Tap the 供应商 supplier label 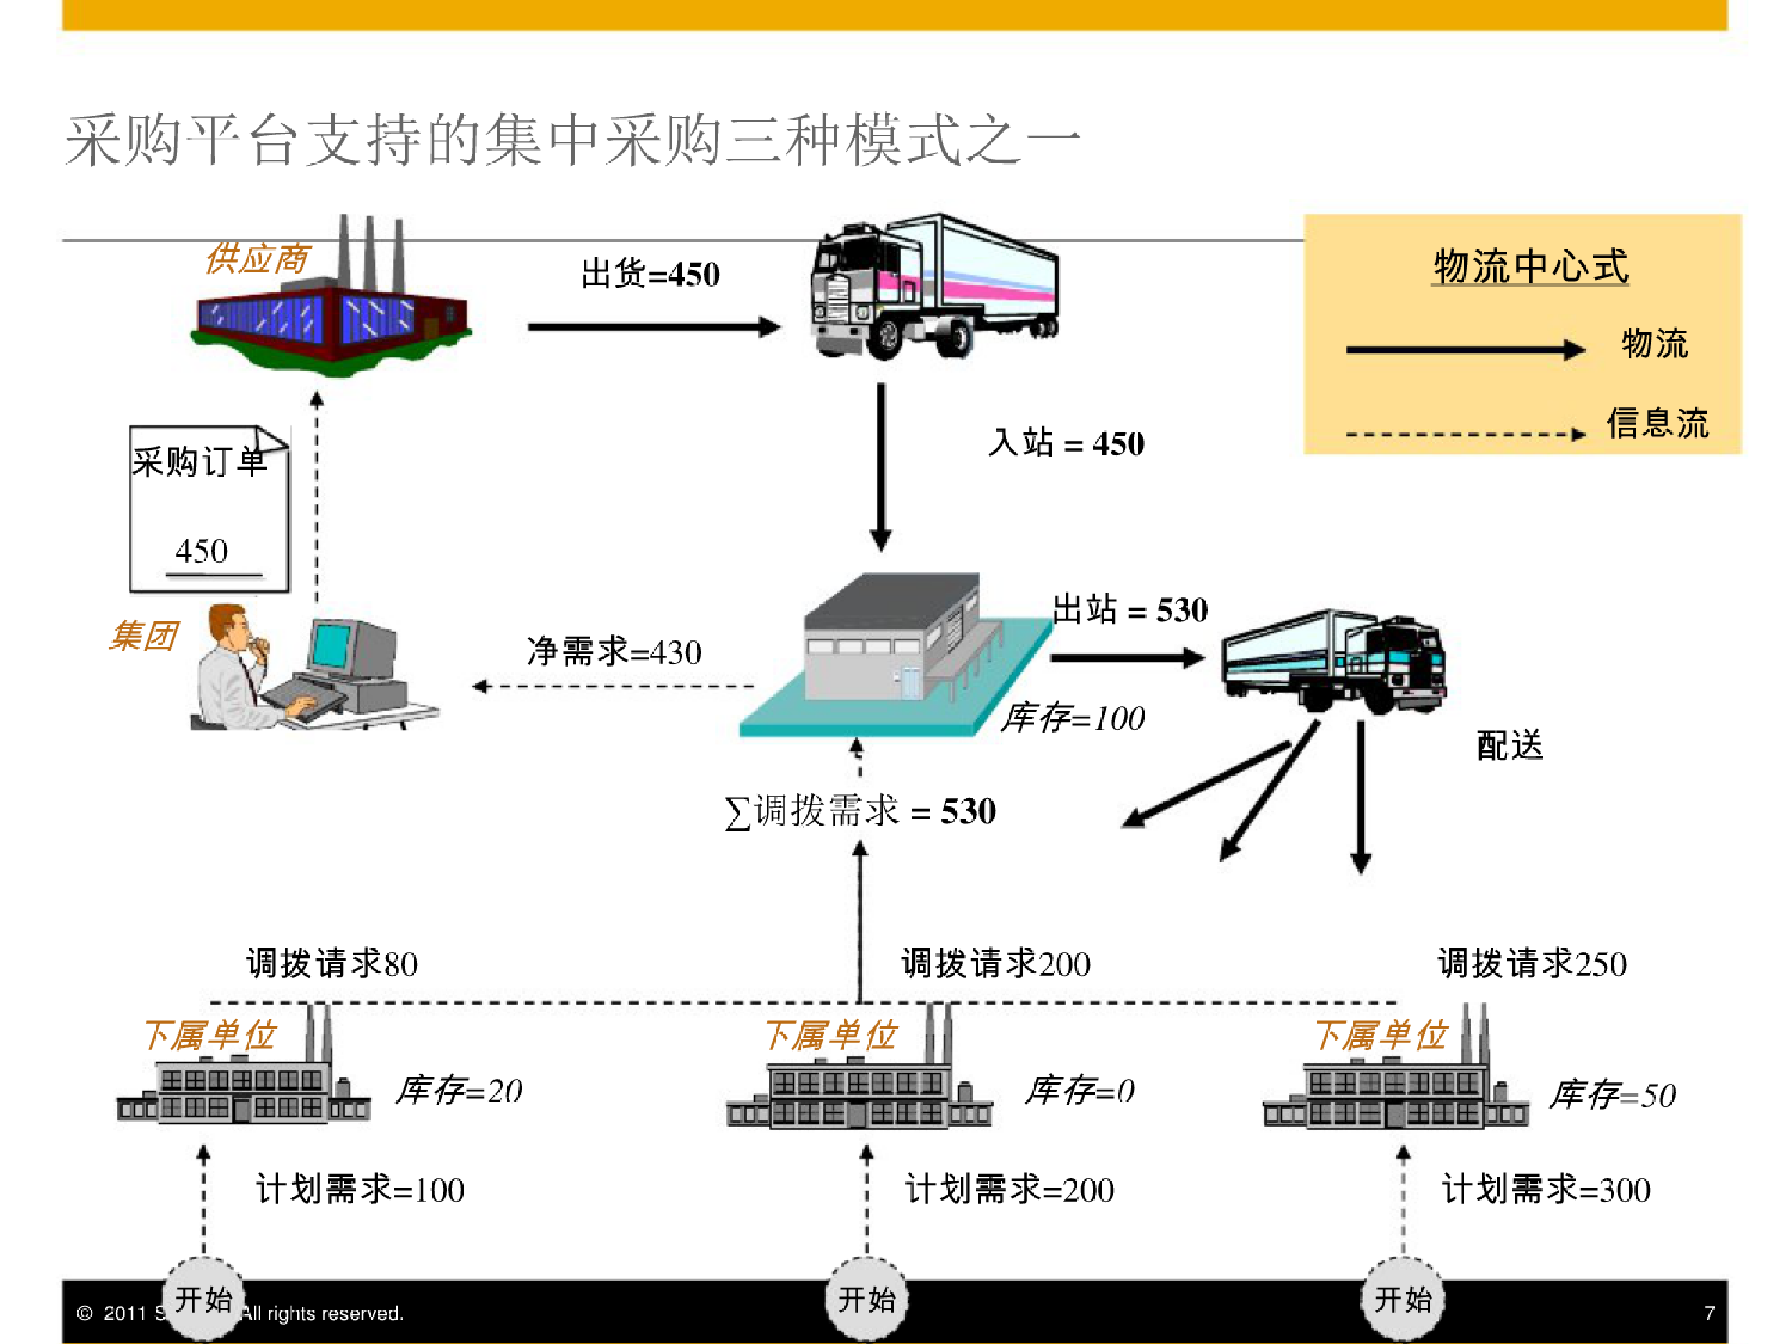coord(257,259)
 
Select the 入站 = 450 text coord(1066,443)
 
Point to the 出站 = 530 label coord(1130,609)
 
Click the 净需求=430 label coord(614,652)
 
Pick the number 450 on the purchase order coord(201,551)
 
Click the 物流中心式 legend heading coord(1530,267)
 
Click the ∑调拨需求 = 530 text coord(860,811)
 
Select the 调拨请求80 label coord(332,963)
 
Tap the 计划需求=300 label coord(1545,1189)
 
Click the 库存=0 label coord(1080,1090)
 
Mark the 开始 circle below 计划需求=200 coord(867,1299)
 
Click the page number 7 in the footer coord(1710,1312)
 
